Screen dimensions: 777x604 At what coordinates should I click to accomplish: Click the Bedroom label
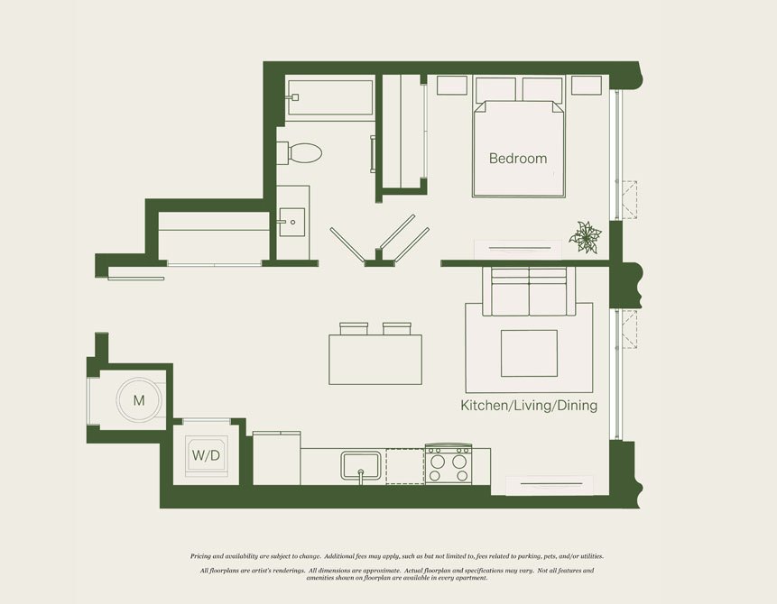click(518, 159)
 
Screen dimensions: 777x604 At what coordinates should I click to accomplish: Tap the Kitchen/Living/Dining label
click(529, 406)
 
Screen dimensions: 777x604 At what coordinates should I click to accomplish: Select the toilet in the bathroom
click(300, 153)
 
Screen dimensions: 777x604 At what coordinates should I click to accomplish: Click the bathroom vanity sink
click(291, 223)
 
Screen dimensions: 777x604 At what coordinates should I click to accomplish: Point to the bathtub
click(329, 97)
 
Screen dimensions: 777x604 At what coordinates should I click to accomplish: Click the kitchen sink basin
click(361, 466)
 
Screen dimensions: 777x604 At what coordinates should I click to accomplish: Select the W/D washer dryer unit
click(206, 455)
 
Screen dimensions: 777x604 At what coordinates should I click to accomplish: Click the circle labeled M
click(139, 400)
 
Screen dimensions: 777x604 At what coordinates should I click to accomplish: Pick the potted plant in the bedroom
click(586, 238)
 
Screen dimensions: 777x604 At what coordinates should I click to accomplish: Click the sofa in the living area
click(529, 291)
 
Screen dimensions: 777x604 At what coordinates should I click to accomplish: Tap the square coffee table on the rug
click(529, 353)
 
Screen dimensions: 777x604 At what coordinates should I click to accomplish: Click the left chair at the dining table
click(354, 328)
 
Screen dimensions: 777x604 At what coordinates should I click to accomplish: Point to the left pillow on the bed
click(495, 89)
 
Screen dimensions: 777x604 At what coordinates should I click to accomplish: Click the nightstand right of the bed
click(587, 85)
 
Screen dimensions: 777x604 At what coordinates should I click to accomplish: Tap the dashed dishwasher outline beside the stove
click(405, 466)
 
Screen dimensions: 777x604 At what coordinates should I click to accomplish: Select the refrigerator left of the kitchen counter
click(276, 458)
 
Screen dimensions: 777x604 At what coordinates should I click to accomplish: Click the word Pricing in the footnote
click(200, 556)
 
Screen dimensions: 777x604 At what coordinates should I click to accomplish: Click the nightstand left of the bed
click(452, 85)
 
